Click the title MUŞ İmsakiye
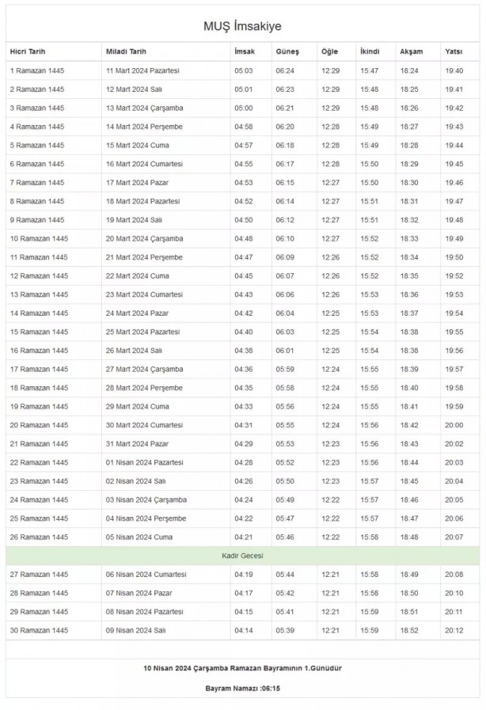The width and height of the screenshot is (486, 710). (x=242, y=27)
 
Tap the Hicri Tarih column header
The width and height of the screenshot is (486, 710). (x=28, y=51)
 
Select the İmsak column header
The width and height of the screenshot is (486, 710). (x=244, y=51)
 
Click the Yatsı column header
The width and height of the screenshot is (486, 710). (x=454, y=51)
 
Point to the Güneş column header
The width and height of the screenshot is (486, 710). (x=287, y=51)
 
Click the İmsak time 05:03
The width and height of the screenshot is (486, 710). (x=243, y=70)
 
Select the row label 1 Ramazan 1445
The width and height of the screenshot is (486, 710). (x=37, y=70)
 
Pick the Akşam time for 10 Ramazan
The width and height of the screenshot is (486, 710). (x=409, y=238)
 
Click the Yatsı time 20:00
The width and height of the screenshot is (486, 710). (x=454, y=425)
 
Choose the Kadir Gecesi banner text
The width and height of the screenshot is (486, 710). (x=242, y=556)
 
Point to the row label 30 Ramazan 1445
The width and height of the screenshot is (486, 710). (x=39, y=630)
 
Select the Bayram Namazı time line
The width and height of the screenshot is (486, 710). (x=242, y=688)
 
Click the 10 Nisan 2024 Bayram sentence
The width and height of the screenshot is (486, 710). (x=242, y=668)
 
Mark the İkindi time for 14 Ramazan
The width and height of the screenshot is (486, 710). (x=369, y=313)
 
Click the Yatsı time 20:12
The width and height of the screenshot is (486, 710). (x=454, y=630)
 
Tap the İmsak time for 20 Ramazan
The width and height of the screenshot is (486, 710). (x=243, y=425)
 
